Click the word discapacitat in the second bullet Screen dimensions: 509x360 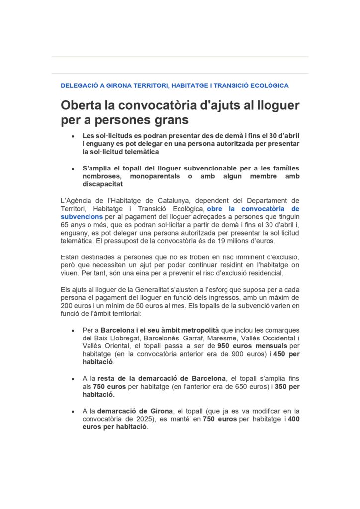(103, 184)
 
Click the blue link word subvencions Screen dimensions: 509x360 (82, 217)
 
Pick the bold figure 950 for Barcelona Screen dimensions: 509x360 (226, 346)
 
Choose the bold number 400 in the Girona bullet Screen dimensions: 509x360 (292, 419)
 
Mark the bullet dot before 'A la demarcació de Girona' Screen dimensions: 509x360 (73, 411)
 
